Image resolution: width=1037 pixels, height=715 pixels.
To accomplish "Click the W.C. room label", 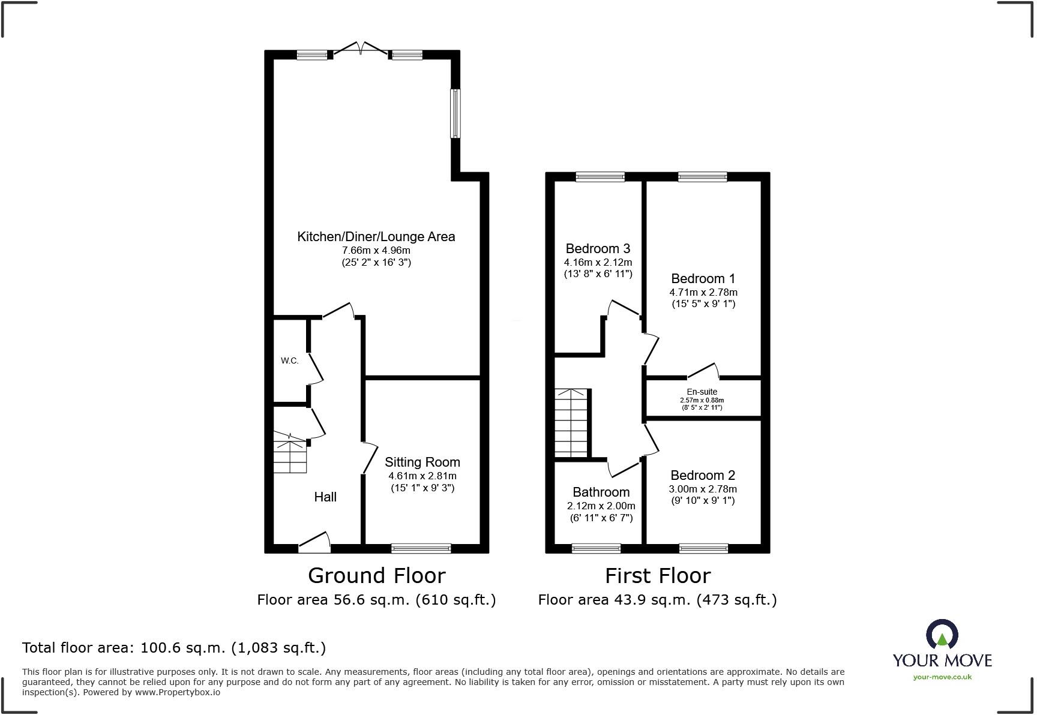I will pos(289,360).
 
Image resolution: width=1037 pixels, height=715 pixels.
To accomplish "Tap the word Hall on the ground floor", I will pos(325,497).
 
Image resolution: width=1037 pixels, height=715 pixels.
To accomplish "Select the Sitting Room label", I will pos(422,462).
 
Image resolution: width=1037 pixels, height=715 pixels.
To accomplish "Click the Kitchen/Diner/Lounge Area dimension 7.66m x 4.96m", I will pos(376,250).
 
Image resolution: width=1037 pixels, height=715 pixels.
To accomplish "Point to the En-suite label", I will pos(702,392).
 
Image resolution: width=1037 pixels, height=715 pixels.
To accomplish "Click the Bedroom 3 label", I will pos(598,248).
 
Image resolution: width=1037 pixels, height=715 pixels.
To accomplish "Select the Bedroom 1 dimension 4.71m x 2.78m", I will pos(703,292).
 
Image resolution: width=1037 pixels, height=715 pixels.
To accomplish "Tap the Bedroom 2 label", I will pos(703,475).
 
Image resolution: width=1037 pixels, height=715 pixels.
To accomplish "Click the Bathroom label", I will pos(601,492).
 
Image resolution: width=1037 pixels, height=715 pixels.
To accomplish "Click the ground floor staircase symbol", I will pos(290,455).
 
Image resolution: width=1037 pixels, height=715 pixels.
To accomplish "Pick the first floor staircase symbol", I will pos(570,423).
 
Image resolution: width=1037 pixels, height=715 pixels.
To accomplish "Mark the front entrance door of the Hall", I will pos(315,543).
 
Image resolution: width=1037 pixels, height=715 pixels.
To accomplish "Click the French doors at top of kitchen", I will pos(361,50).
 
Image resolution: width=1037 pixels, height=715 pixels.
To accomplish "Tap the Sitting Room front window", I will pos(421,548).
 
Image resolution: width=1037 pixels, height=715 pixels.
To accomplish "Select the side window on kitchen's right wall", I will pos(455,113).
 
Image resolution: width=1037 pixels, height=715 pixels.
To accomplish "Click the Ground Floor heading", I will pos(376,576).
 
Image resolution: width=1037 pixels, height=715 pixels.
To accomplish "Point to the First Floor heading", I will pos(657,576).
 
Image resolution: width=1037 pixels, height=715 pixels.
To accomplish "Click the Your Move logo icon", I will pos(942,633).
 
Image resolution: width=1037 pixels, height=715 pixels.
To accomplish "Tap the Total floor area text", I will pos(174,648).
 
